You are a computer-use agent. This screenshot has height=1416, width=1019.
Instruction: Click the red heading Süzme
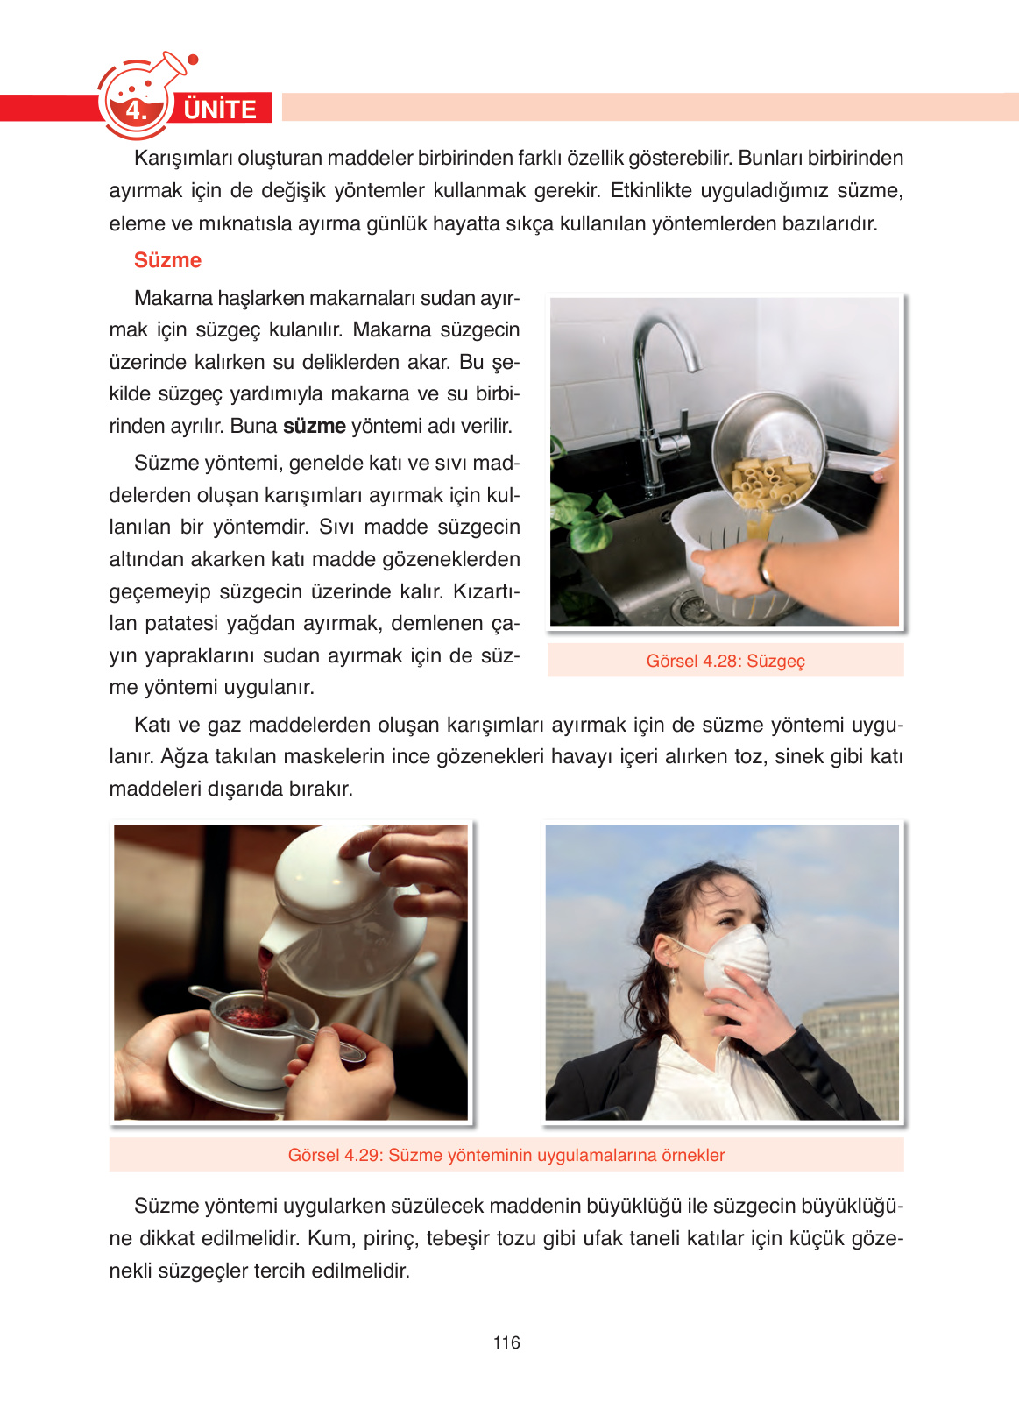click(x=167, y=260)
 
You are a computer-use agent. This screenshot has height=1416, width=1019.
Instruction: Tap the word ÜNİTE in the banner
click(x=220, y=110)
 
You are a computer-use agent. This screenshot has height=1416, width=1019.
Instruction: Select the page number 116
click(x=506, y=1342)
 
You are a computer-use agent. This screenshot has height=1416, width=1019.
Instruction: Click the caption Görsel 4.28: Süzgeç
click(x=725, y=661)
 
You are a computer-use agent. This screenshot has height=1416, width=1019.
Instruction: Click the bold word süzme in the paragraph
click(x=315, y=426)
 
